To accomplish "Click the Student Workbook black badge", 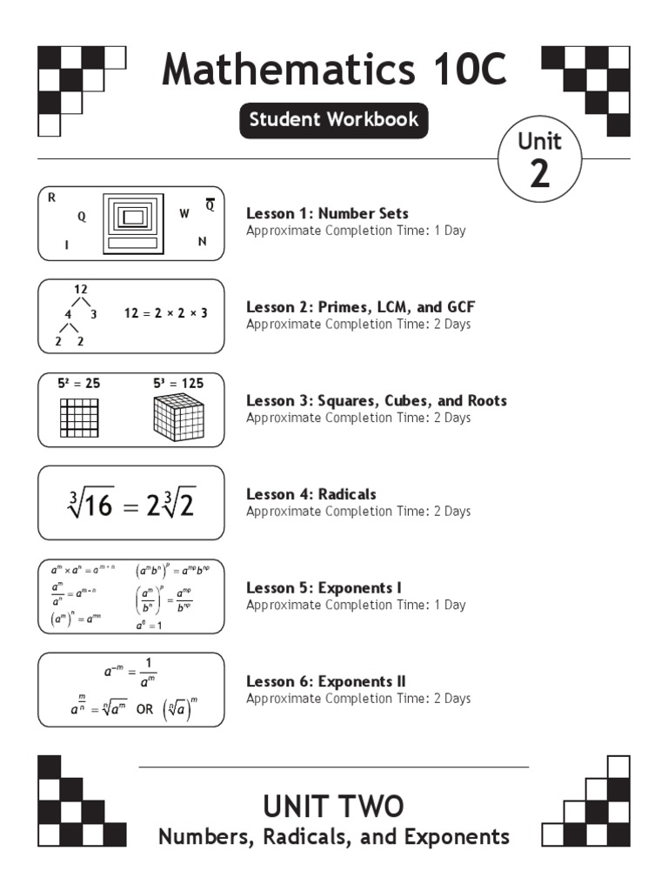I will (x=334, y=120).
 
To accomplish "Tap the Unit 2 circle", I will (x=539, y=160).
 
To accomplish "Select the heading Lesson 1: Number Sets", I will (x=327, y=213).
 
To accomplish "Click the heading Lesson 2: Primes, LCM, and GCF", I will (x=360, y=307).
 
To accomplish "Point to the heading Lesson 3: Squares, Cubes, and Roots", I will (x=376, y=401).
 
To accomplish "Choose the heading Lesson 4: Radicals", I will (x=311, y=494).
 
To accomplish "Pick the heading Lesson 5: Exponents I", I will (x=324, y=588).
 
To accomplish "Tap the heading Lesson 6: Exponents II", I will (x=326, y=681).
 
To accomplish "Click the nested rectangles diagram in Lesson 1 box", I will (x=132, y=223).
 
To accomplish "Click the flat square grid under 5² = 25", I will (x=79, y=418).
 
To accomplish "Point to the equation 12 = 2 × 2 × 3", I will (x=165, y=313).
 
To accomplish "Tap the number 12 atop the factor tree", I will (x=81, y=289).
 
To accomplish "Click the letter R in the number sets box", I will (x=52, y=198).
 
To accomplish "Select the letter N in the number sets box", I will (x=202, y=242).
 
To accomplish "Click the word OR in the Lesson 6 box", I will (x=144, y=709).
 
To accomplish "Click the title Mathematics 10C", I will (x=334, y=70).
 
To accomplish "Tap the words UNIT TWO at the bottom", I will (x=334, y=806).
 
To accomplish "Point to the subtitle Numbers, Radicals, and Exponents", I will (x=334, y=837).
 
